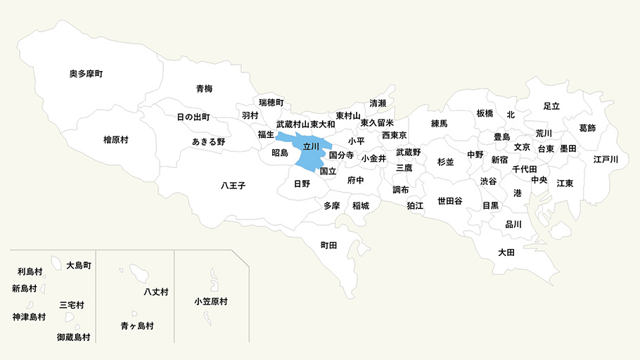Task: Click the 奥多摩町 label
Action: click(87, 74)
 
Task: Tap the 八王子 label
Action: click(233, 186)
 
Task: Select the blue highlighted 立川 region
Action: click(310, 147)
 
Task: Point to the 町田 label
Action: click(328, 245)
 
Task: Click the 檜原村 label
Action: click(115, 140)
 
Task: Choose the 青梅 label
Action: click(205, 89)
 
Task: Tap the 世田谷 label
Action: click(450, 200)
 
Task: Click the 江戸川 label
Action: click(606, 160)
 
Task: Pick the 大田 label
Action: click(506, 252)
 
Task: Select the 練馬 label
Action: click(439, 123)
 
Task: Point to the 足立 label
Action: click(551, 105)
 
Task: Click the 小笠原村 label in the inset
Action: click(211, 301)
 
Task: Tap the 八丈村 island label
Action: click(155, 291)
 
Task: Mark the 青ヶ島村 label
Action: click(137, 326)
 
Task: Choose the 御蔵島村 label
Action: click(74, 337)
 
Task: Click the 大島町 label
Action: click(79, 266)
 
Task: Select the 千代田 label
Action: click(525, 169)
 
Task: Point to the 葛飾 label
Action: click(587, 128)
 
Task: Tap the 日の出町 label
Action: click(193, 117)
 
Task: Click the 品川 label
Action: click(513, 225)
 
